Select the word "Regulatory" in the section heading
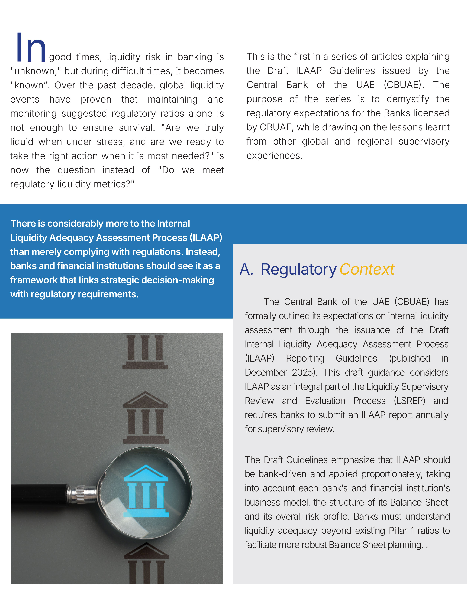pyautogui.click(x=299, y=270)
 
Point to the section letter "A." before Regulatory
pyautogui.click(x=246, y=269)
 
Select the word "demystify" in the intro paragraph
pyautogui.click(x=408, y=99)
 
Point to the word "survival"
pyautogui.click(x=134, y=128)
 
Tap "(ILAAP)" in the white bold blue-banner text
pyautogui.click(x=206, y=237)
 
